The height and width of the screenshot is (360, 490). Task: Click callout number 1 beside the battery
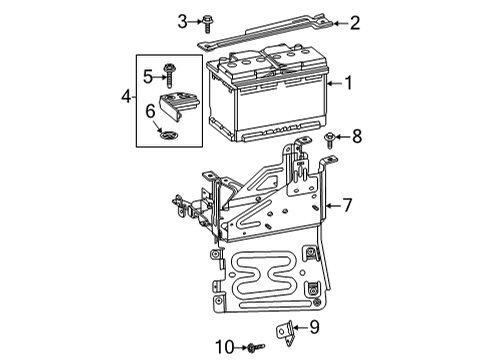coord(348,84)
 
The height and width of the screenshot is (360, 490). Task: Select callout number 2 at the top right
coord(355,22)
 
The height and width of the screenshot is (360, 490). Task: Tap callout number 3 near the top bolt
coord(182,20)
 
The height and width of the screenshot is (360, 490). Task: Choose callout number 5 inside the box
coord(146,75)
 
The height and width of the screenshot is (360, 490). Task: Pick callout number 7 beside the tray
coord(347,205)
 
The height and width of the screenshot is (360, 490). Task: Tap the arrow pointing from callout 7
coord(330,205)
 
